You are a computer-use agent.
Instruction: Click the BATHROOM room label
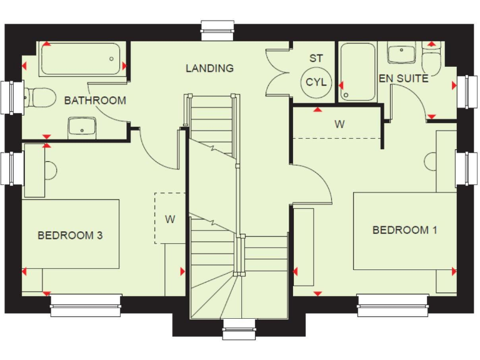[95, 100]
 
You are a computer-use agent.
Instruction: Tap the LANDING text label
[209, 68]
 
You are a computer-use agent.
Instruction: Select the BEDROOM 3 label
[70, 236]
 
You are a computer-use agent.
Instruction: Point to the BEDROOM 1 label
[404, 230]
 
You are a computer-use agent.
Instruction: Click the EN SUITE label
[404, 79]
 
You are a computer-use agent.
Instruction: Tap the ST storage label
[316, 58]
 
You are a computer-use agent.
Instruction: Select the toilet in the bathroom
[37, 97]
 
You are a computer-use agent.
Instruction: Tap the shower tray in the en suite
[357, 71]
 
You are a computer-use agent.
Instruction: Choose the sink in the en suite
[400, 54]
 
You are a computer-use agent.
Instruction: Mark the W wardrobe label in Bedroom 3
[169, 219]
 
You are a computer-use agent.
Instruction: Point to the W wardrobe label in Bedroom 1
[339, 124]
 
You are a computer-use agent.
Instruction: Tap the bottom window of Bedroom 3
[86, 305]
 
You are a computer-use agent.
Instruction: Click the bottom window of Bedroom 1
[392, 305]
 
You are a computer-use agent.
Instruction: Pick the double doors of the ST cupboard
[277, 72]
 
